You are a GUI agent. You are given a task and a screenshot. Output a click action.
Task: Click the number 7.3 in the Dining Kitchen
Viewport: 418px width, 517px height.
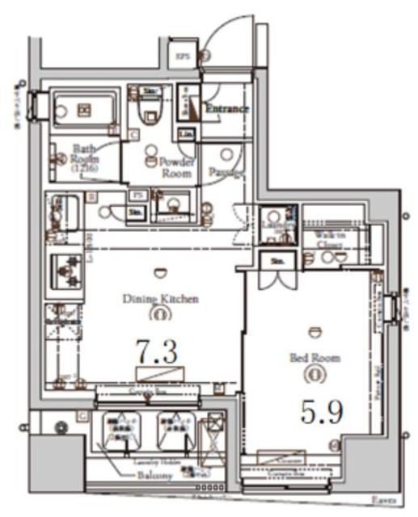tap(156, 351)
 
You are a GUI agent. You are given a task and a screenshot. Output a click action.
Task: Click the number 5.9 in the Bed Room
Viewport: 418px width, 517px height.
tap(322, 412)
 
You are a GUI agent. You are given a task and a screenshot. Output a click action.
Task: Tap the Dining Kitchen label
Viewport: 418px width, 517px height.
tap(160, 299)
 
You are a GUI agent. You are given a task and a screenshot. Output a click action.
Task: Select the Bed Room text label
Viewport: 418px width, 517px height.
tap(315, 357)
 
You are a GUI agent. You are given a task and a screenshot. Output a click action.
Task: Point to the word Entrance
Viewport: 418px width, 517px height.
tap(226, 107)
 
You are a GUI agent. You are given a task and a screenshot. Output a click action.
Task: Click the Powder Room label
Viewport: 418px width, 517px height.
tap(175, 167)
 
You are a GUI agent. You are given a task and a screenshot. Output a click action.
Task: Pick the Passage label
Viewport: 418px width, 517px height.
tap(226, 172)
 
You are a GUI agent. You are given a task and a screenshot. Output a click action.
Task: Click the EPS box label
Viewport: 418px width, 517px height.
tap(183, 56)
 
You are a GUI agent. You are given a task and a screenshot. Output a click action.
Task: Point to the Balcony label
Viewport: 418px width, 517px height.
tap(154, 477)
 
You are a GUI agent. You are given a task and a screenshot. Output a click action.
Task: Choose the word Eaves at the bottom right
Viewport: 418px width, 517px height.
tap(384, 501)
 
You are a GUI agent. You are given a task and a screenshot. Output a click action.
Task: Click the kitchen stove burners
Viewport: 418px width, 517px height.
tap(65, 271)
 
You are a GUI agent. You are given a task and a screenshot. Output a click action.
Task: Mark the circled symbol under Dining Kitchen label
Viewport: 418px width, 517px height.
tap(160, 313)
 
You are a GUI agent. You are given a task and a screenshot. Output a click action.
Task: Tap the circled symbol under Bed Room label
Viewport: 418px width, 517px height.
tap(315, 373)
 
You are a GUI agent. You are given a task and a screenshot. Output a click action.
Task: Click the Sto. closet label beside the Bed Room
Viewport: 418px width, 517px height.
tap(277, 261)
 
